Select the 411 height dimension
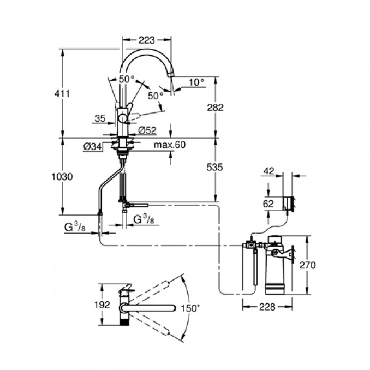pos(64,94)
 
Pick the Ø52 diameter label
pos(147,130)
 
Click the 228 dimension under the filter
pos(266,307)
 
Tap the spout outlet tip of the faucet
pos(171,75)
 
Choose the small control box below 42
pos(288,204)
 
